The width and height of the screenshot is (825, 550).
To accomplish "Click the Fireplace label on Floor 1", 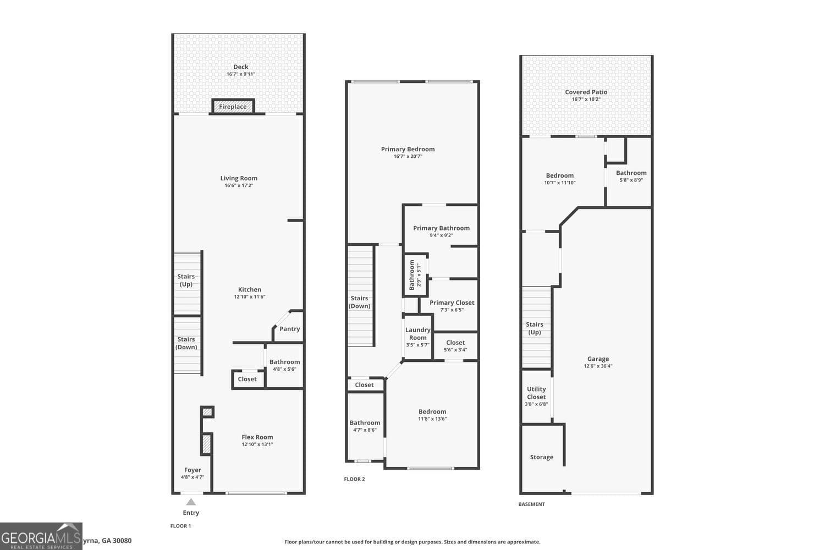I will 233,107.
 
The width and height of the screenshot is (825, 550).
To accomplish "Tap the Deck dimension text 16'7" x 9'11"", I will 241,74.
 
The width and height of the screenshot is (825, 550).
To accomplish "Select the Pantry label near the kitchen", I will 289,329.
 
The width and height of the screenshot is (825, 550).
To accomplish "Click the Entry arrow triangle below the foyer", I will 191,502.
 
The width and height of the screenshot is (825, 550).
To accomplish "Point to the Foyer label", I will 193,470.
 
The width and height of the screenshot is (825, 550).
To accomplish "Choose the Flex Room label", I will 257,437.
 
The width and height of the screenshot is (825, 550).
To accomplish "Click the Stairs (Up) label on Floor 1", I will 186,280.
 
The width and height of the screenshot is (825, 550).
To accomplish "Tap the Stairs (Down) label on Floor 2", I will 360,302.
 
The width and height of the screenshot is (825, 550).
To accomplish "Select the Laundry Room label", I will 418,334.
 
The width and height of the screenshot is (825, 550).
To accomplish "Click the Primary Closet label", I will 452,302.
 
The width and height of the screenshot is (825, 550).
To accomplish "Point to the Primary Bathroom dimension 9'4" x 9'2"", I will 441,235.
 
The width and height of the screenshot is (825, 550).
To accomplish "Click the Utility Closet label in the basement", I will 536,393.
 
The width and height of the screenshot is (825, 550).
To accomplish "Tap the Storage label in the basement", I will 541,457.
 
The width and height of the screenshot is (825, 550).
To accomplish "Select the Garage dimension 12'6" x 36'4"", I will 598,366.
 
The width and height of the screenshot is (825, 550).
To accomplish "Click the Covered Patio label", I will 586,92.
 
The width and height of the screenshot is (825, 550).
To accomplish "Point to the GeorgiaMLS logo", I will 41,536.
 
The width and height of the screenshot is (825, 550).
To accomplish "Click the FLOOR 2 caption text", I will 354,479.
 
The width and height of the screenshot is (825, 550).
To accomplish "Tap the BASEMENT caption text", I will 531,504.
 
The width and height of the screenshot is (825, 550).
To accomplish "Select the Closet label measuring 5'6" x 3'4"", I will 455,343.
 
